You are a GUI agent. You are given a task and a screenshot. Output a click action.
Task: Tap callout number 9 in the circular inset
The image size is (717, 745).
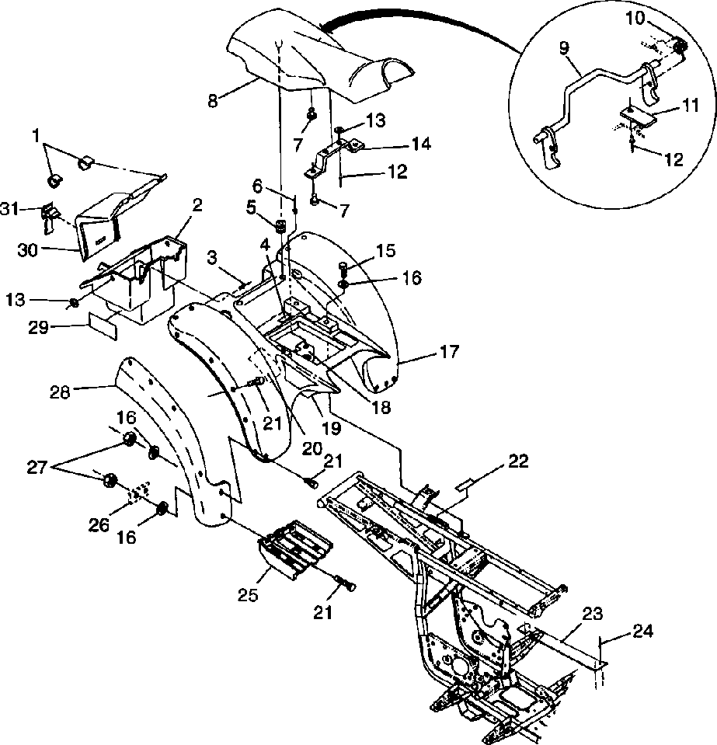(564, 49)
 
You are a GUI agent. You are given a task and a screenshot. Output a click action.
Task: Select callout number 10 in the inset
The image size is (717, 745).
(635, 18)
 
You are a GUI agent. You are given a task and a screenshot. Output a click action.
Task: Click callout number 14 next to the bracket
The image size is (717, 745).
(421, 144)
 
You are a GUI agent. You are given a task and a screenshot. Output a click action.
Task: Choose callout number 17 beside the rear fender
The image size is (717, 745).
(448, 352)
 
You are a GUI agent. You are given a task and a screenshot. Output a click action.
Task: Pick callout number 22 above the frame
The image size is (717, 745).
(517, 461)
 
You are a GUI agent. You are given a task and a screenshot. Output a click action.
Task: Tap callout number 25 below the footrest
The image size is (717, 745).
(248, 594)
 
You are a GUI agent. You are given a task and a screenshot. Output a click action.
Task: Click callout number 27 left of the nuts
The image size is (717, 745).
(37, 468)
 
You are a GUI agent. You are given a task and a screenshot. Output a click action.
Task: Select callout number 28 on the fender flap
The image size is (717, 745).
(59, 392)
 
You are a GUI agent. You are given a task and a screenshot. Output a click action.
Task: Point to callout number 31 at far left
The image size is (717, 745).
(10, 208)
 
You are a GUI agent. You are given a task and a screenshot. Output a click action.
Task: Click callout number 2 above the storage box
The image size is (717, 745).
(197, 205)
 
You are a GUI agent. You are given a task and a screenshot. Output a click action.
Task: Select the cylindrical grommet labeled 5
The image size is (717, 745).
(281, 227)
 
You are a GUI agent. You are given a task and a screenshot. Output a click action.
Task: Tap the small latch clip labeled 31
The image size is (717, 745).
(49, 218)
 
